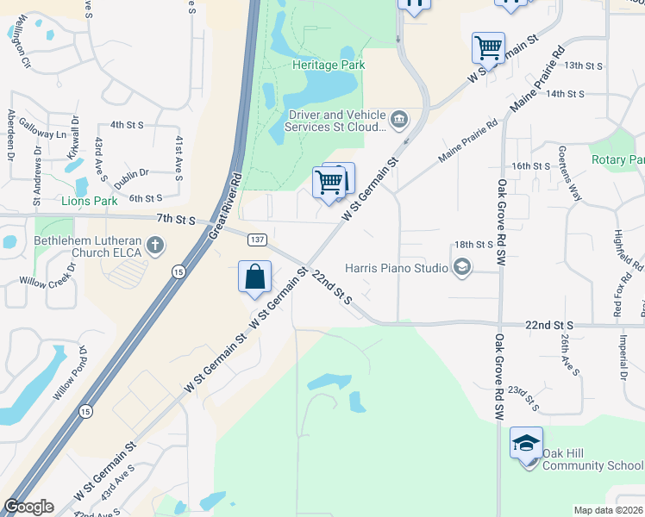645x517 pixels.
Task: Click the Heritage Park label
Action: pyautogui.click(x=328, y=65)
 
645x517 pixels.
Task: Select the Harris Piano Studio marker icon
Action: pyautogui.click(x=461, y=268)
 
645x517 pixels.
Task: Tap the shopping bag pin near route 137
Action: pyautogui.click(x=255, y=278)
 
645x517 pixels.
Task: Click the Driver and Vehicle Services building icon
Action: pyautogui.click(x=399, y=119)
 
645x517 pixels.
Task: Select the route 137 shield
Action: pyautogui.click(x=257, y=238)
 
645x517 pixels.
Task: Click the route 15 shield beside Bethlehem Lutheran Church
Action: pyautogui.click(x=178, y=272)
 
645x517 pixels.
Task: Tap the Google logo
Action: pyautogui.click(x=28, y=507)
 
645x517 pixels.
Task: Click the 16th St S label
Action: pyautogui.click(x=530, y=165)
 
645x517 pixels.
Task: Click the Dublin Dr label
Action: pyautogui.click(x=131, y=174)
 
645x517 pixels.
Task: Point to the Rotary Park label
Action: pyautogui.click(x=617, y=159)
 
